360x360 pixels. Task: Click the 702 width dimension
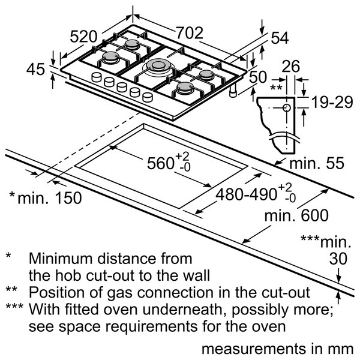[x=190, y=33]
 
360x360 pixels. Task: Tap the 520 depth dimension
[x=83, y=37]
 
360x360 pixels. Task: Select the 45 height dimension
[x=35, y=70]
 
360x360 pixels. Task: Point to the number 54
[x=280, y=38]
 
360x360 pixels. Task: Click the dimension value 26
[x=290, y=67]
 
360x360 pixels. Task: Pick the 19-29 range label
[x=332, y=102]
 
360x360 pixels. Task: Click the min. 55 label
[x=317, y=163]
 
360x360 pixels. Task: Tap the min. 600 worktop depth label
[x=296, y=215]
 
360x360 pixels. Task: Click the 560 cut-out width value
[x=160, y=163]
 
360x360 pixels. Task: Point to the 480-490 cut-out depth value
[x=246, y=195]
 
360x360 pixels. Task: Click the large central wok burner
[x=158, y=67]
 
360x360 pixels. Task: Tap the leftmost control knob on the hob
[x=97, y=77]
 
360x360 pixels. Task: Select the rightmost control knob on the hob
[x=148, y=97]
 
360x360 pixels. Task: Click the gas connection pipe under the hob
[x=233, y=91]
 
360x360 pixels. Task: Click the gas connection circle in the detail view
[x=287, y=107]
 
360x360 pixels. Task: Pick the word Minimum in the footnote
[x=62, y=259]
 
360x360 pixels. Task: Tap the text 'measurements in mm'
[x=277, y=349]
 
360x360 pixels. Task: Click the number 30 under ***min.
[x=338, y=259]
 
